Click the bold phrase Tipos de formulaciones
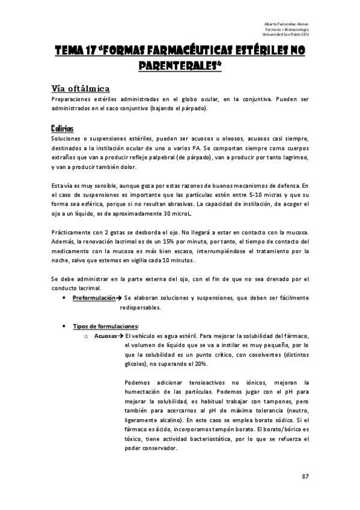(x=105, y=326)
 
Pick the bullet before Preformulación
(x=64, y=298)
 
